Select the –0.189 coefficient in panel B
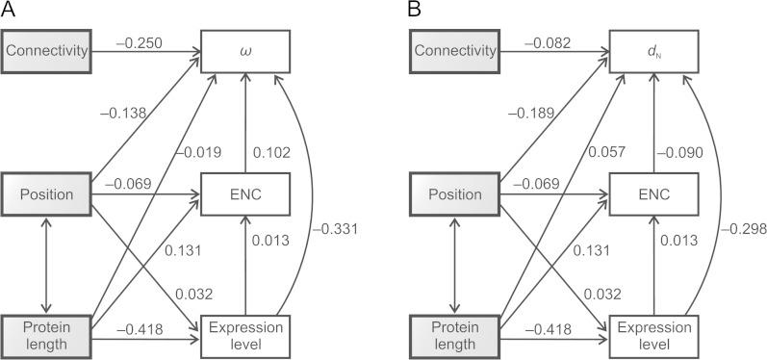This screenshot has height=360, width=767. [x=529, y=113]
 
